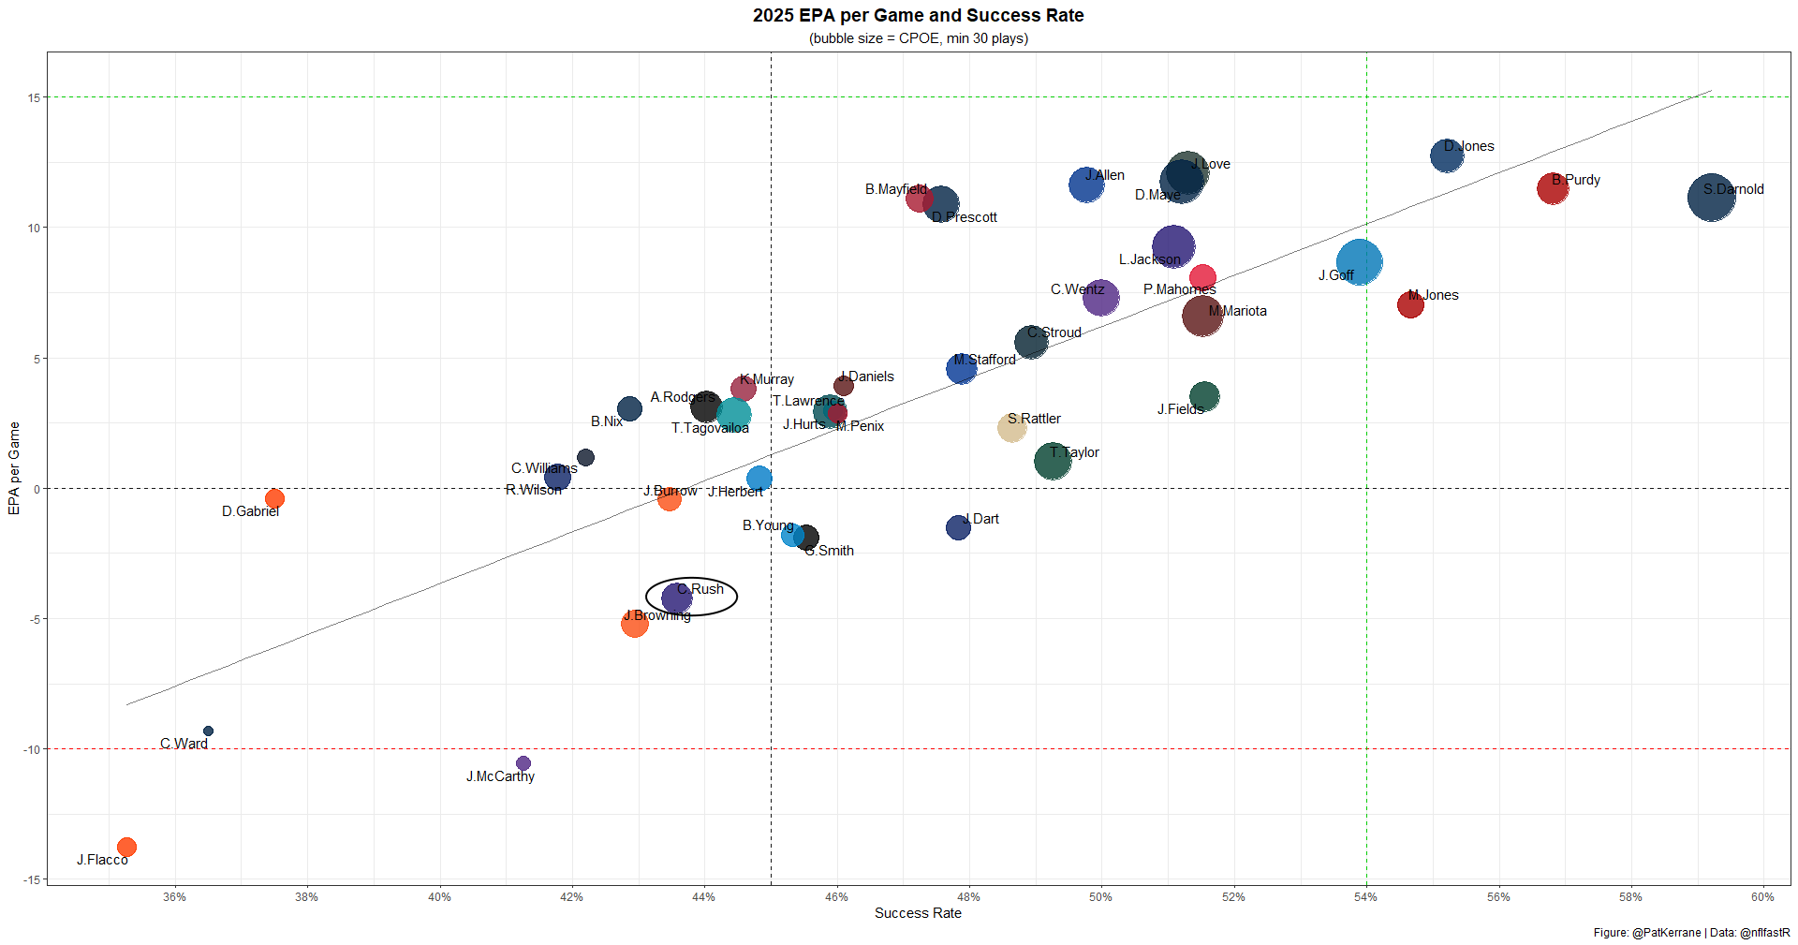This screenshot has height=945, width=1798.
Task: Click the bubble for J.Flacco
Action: coord(126,847)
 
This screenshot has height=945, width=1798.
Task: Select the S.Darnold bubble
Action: coord(1711,198)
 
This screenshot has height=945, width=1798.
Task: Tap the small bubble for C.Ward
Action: coord(208,731)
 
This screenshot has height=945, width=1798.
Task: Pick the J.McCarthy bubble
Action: coord(523,763)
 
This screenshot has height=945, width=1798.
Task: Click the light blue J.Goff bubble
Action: coord(1359,261)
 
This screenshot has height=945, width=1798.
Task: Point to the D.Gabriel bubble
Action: coord(274,498)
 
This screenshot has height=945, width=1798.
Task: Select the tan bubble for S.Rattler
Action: coord(1011,427)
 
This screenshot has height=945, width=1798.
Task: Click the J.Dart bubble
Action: coord(958,527)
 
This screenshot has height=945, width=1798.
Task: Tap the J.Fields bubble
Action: coord(1204,396)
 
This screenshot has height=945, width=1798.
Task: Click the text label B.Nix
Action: coord(607,421)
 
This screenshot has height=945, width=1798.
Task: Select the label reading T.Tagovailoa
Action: coord(710,428)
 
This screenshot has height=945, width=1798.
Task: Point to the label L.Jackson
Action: coord(1149,259)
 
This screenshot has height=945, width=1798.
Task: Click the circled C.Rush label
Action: coord(700,589)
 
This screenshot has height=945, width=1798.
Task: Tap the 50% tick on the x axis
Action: coord(1100,897)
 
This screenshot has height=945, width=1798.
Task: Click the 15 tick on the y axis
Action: coord(34,97)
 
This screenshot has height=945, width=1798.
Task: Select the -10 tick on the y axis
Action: coord(32,749)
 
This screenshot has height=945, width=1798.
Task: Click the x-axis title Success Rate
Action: coord(918,913)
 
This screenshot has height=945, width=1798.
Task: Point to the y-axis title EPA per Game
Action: coord(14,468)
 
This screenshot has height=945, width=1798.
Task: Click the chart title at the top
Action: coord(918,16)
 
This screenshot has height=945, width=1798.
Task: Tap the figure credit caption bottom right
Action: coord(1691,933)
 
